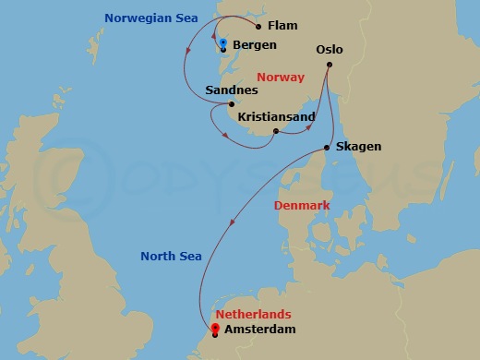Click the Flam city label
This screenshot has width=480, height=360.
click(282, 26)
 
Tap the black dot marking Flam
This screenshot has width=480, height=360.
click(258, 26)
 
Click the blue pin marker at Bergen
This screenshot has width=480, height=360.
click(223, 42)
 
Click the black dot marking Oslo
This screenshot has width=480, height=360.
click(330, 64)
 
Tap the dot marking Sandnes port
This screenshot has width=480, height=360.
click(232, 104)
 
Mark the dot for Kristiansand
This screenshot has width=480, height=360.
click(276, 131)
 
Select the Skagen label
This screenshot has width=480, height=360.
click(358, 147)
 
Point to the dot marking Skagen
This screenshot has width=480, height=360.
click(329, 148)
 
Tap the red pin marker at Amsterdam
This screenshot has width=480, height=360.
click(215, 328)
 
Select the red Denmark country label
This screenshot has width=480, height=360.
click(302, 205)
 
